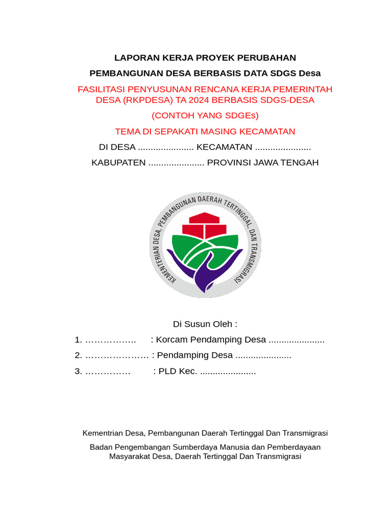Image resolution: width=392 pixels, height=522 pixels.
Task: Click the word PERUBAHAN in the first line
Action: coord(269,58)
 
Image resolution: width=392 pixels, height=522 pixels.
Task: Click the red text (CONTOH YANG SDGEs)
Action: coord(205,116)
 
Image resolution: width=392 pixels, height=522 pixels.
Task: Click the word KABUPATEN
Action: coord(118,163)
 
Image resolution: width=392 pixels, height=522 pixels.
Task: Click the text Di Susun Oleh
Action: coord(205,324)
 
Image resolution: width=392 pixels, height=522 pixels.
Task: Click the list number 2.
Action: coord(78,355)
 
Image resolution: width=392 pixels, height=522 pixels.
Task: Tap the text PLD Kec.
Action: coord(178,371)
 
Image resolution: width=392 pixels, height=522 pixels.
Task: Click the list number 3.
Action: coord(78,371)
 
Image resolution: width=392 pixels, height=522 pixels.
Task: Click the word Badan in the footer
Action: coord(101,447)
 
